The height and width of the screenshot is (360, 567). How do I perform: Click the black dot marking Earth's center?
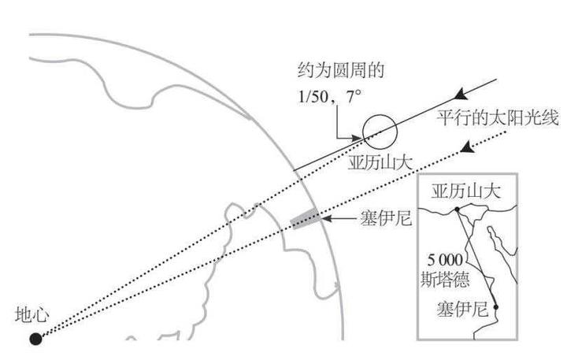35,339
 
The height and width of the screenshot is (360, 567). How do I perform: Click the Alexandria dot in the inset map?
458,209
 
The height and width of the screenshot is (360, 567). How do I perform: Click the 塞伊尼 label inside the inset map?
459,307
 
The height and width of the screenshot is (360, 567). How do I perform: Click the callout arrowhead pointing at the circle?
361,138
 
